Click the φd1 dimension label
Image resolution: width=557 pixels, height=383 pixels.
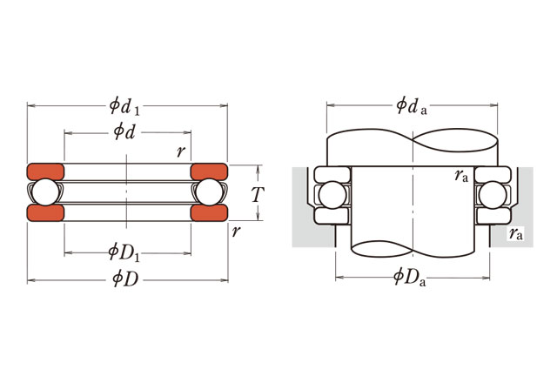pos(124,106)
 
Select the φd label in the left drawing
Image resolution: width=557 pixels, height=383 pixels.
pos(124,131)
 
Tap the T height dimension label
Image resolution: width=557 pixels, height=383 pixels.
pos(258,195)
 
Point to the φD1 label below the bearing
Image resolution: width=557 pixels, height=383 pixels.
pos(124,252)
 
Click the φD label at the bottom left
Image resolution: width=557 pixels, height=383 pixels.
pos(125,279)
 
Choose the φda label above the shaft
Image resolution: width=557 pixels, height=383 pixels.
pos(412,105)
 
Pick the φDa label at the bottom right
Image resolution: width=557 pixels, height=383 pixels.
pos(409,277)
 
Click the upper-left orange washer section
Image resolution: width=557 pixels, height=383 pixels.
pos(45,171)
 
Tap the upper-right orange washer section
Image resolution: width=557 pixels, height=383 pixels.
pos(209,171)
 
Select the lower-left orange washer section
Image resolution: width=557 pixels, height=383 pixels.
pos(45,212)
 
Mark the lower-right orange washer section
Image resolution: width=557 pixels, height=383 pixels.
pos(209,212)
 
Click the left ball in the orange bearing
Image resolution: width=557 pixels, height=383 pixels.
pos(45,192)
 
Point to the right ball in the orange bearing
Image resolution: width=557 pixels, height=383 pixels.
pos(210,192)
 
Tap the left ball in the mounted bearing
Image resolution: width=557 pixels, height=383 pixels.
pos(332,195)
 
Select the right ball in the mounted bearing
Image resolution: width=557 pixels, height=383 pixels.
pos(493,195)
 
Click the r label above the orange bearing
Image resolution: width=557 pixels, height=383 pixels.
pos(181,151)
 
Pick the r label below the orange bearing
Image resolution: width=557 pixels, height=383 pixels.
pos(236,232)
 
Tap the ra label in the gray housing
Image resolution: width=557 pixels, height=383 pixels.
pos(516,234)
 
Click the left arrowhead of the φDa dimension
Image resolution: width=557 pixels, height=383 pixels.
pos(339,277)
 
